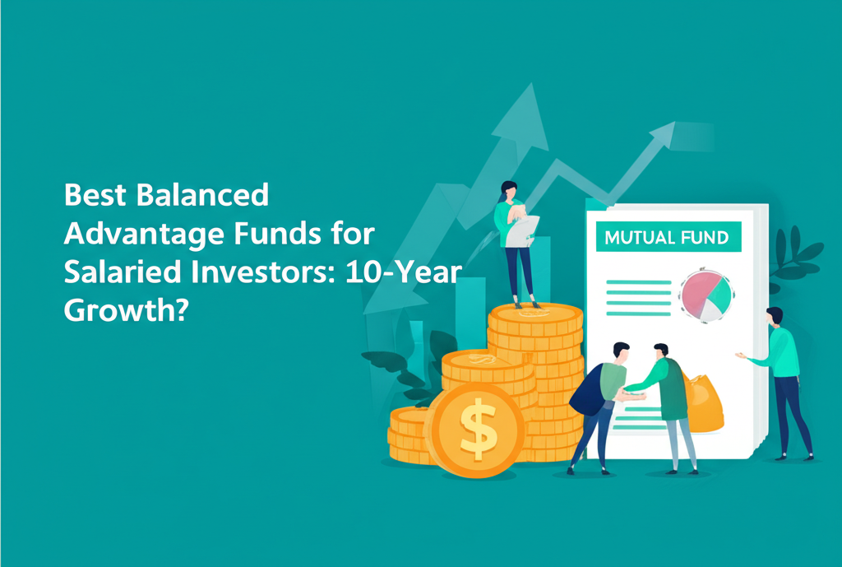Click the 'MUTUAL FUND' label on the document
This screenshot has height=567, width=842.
click(x=666, y=238)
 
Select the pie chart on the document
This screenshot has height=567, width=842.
click(x=705, y=294)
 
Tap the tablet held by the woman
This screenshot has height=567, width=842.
click(x=523, y=228)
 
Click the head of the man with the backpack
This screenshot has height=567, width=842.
click(x=620, y=351)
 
